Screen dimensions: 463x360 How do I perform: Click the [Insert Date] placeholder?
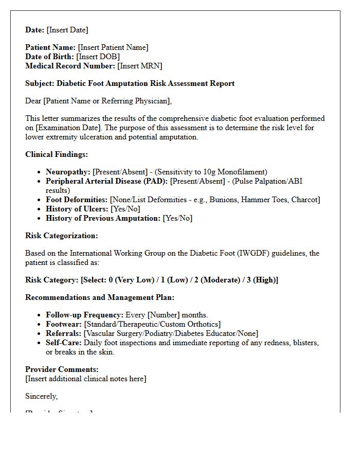(x=67, y=30)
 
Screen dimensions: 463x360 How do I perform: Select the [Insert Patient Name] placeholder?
(x=113, y=47)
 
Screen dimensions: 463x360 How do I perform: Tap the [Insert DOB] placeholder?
(x=98, y=57)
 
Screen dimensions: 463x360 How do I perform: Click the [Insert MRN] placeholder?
(x=140, y=66)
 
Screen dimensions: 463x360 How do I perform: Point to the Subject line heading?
(x=130, y=83)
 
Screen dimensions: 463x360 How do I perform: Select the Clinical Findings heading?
(x=57, y=154)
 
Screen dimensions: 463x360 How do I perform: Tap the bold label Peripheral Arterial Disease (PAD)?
(x=106, y=181)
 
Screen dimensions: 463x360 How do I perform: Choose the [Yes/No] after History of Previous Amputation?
(x=177, y=218)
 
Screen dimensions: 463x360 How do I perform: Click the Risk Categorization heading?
(x=61, y=236)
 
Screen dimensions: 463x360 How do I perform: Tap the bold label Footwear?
(x=63, y=324)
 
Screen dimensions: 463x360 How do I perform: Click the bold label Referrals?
(x=63, y=333)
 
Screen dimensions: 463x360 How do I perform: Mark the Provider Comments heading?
(x=62, y=369)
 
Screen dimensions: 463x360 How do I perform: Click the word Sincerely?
(x=41, y=396)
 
